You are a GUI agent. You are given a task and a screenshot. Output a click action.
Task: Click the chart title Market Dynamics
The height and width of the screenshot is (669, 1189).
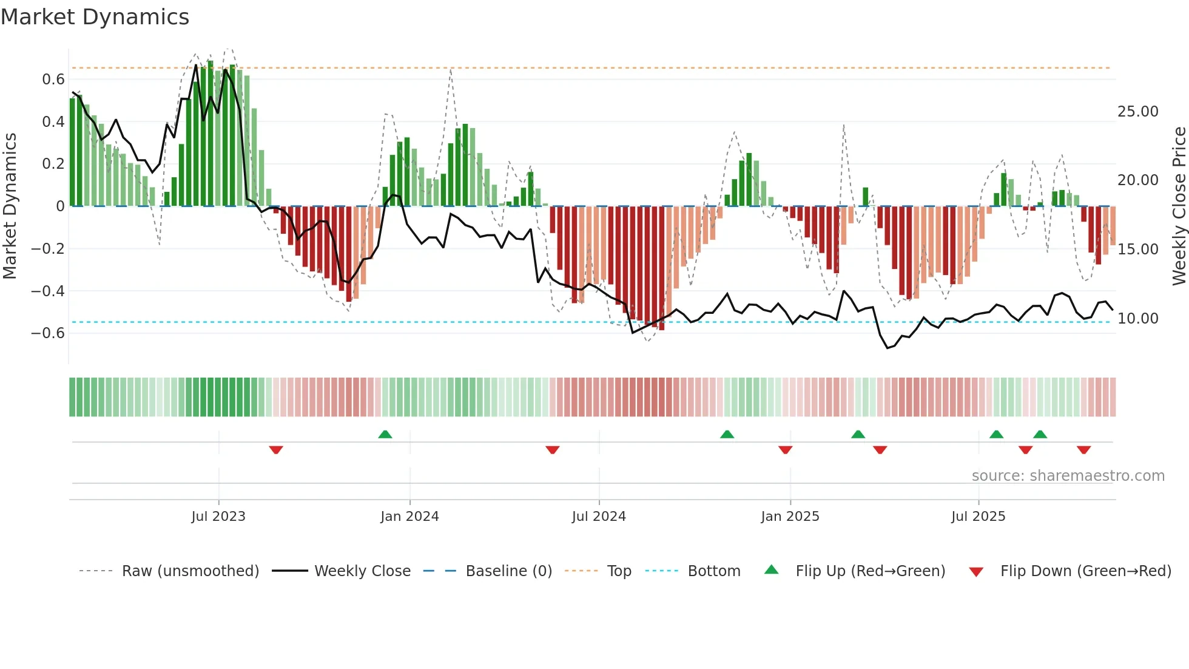pos(95,17)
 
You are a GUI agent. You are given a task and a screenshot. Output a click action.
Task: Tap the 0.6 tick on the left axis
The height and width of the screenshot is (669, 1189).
pos(53,80)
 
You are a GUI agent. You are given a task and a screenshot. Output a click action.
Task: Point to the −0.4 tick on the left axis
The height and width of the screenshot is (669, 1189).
pos(48,291)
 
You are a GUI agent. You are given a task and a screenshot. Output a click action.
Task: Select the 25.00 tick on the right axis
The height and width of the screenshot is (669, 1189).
pos(1137,112)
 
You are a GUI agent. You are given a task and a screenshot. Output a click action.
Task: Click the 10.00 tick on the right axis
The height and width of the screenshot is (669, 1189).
pos(1137,319)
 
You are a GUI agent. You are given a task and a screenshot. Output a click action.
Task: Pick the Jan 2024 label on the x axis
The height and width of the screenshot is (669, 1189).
pos(409,517)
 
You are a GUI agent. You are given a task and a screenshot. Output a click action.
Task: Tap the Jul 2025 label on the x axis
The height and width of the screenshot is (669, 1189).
pos(978,517)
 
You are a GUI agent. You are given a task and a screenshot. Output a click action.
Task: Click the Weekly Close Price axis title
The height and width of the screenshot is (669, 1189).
pos(1179,206)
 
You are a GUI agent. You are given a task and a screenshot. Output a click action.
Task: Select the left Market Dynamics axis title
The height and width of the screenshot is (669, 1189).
pos(10,206)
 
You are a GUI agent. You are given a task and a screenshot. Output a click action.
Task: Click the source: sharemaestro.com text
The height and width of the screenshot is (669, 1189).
pos(1068,476)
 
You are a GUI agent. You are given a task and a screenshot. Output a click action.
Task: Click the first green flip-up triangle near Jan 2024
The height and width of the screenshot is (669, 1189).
pos(385,434)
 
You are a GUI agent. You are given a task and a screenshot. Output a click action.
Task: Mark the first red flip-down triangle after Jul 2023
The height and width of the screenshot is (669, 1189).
pos(276,450)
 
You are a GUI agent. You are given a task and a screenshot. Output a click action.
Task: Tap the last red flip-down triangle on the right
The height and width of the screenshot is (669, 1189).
pos(1084,450)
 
